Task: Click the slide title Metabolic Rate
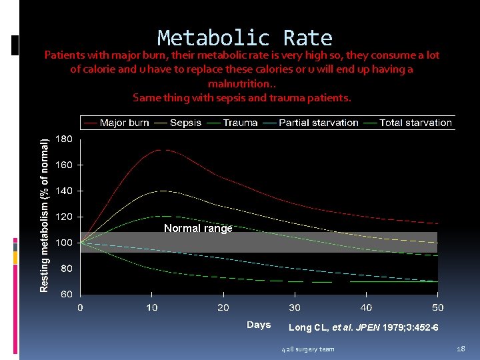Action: point(245,38)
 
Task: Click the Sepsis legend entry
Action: point(185,123)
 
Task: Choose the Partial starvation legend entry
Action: point(318,123)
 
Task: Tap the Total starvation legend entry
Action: point(415,123)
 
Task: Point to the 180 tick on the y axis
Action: point(65,139)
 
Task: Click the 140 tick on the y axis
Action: point(65,191)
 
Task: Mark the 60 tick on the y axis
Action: point(67,295)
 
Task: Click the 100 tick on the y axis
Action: point(65,243)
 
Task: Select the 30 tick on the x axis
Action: point(295,307)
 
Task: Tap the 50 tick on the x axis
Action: point(437,307)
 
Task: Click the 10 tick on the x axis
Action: point(152,307)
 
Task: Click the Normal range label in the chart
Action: point(198,229)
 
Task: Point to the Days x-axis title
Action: point(259,325)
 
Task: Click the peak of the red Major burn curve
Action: point(159,150)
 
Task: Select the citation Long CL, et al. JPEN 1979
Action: point(363,327)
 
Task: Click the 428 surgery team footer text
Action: point(307,349)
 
